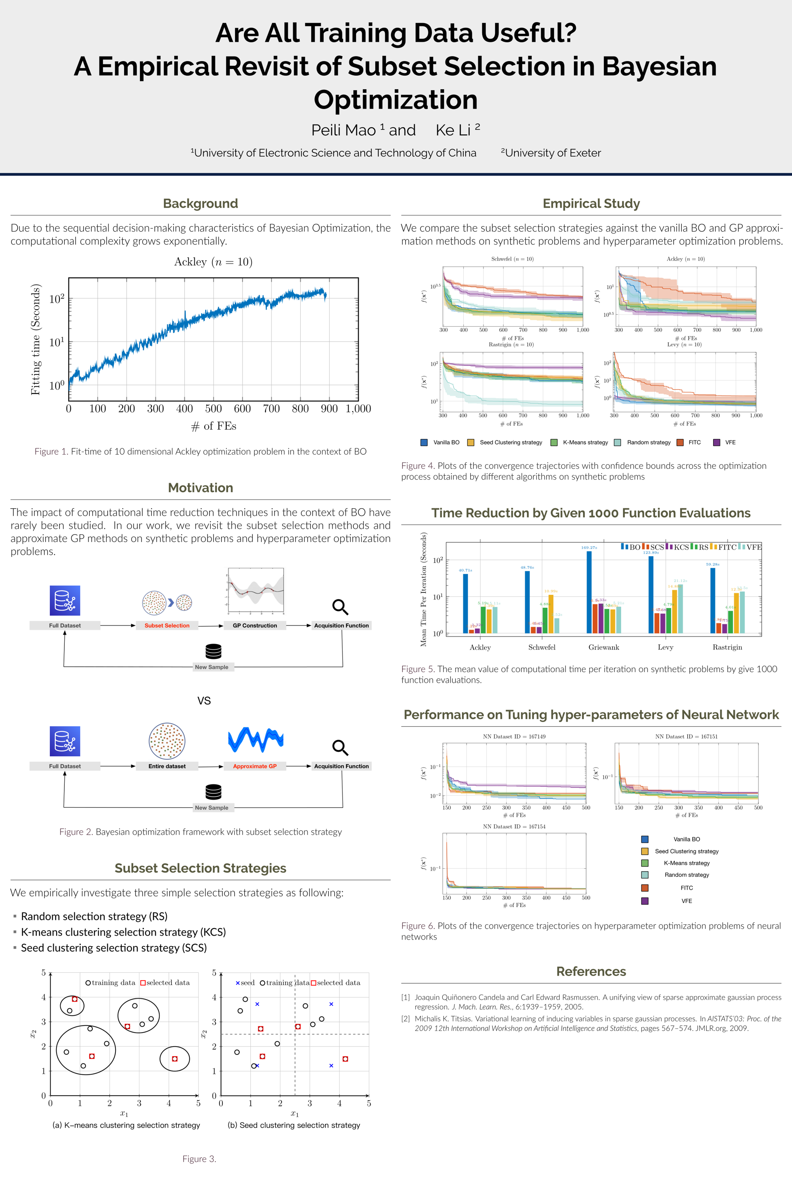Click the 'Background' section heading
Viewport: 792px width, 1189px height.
point(200,203)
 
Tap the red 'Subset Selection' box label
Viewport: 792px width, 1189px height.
point(167,625)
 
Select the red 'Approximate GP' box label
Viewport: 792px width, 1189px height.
point(255,766)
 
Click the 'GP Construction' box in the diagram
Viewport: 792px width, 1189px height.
point(255,625)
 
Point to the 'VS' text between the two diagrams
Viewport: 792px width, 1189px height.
point(204,701)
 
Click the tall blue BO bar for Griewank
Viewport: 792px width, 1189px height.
point(589,592)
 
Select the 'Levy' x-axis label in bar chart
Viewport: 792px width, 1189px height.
point(665,647)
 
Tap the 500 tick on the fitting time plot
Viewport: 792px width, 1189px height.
point(213,408)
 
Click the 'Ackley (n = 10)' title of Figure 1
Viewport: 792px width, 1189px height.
point(213,262)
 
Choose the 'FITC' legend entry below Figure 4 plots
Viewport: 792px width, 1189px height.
point(694,442)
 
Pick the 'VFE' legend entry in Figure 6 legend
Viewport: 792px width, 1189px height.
point(686,901)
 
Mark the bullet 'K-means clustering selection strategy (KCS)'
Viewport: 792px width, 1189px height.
point(123,932)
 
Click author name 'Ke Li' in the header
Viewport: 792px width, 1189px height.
point(453,130)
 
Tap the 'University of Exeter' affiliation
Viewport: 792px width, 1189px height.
point(553,153)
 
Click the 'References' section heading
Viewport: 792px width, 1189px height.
point(591,971)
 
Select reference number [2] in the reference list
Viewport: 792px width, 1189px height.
point(405,1018)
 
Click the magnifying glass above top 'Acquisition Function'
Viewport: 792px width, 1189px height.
point(340,606)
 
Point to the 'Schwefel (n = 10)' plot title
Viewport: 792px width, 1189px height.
point(512,259)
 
